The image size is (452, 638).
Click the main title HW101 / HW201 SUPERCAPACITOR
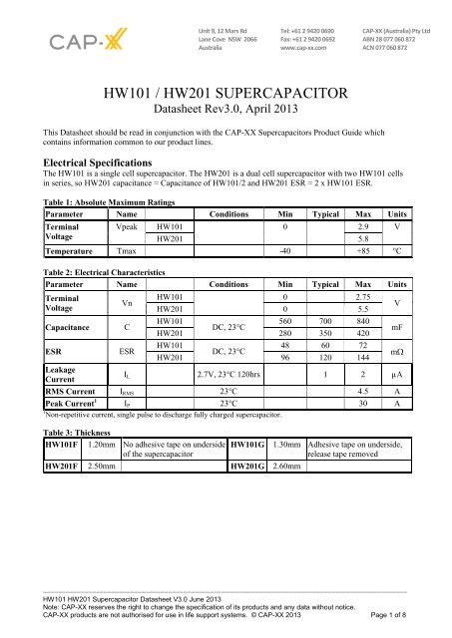[226, 95]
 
